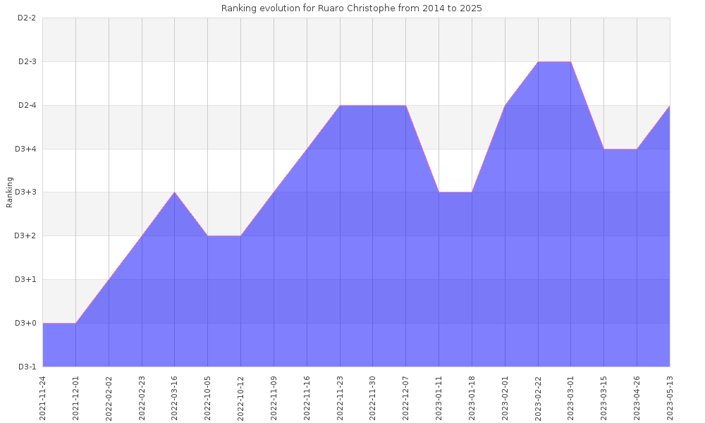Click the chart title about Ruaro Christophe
click(x=352, y=8)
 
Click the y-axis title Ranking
click(x=10, y=192)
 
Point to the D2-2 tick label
click(x=27, y=18)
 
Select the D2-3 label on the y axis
click(x=27, y=61)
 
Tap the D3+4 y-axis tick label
click(x=26, y=149)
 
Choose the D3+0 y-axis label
click(x=26, y=323)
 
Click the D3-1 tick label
click(x=27, y=367)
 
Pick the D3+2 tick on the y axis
click(x=26, y=235)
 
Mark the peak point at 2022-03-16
click(x=175, y=192)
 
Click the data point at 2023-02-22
click(x=538, y=62)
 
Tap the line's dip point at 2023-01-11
click(x=439, y=192)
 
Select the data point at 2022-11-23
click(x=340, y=106)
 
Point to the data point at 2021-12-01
click(x=75, y=323)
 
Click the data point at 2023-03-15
click(x=603, y=149)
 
